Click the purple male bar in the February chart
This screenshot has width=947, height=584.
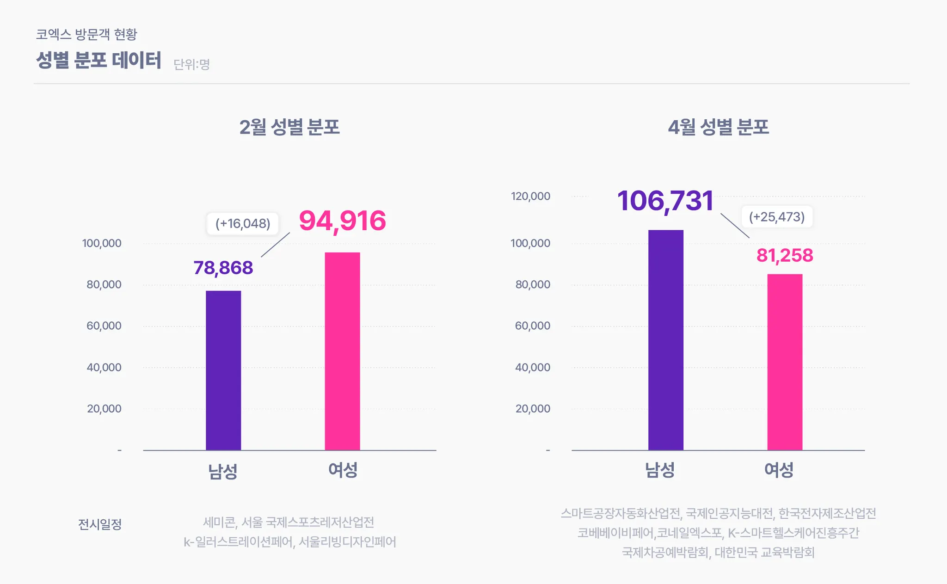click(223, 370)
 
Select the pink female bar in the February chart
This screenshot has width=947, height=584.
click(342, 351)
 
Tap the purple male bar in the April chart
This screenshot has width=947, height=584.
click(665, 340)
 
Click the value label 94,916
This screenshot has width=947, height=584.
click(342, 221)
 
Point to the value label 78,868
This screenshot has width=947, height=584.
click(223, 268)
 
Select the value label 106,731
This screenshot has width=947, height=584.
click(665, 201)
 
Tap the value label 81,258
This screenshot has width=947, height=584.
click(785, 255)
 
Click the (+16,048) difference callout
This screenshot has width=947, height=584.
click(243, 224)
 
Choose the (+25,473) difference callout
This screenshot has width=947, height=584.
click(777, 217)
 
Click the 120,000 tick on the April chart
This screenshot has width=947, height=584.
click(530, 196)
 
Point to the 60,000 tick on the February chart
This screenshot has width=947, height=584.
click(104, 326)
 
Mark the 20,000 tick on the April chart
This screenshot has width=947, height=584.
click(533, 408)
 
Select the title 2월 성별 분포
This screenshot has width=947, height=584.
click(289, 127)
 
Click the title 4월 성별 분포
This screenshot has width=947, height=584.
click(718, 127)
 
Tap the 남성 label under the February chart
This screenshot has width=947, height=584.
click(223, 471)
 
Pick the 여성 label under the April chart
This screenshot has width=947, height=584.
click(779, 470)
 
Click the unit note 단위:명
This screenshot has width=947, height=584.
click(191, 64)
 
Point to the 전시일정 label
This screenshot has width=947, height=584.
click(100, 524)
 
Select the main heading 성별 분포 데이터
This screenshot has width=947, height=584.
click(98, 60)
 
